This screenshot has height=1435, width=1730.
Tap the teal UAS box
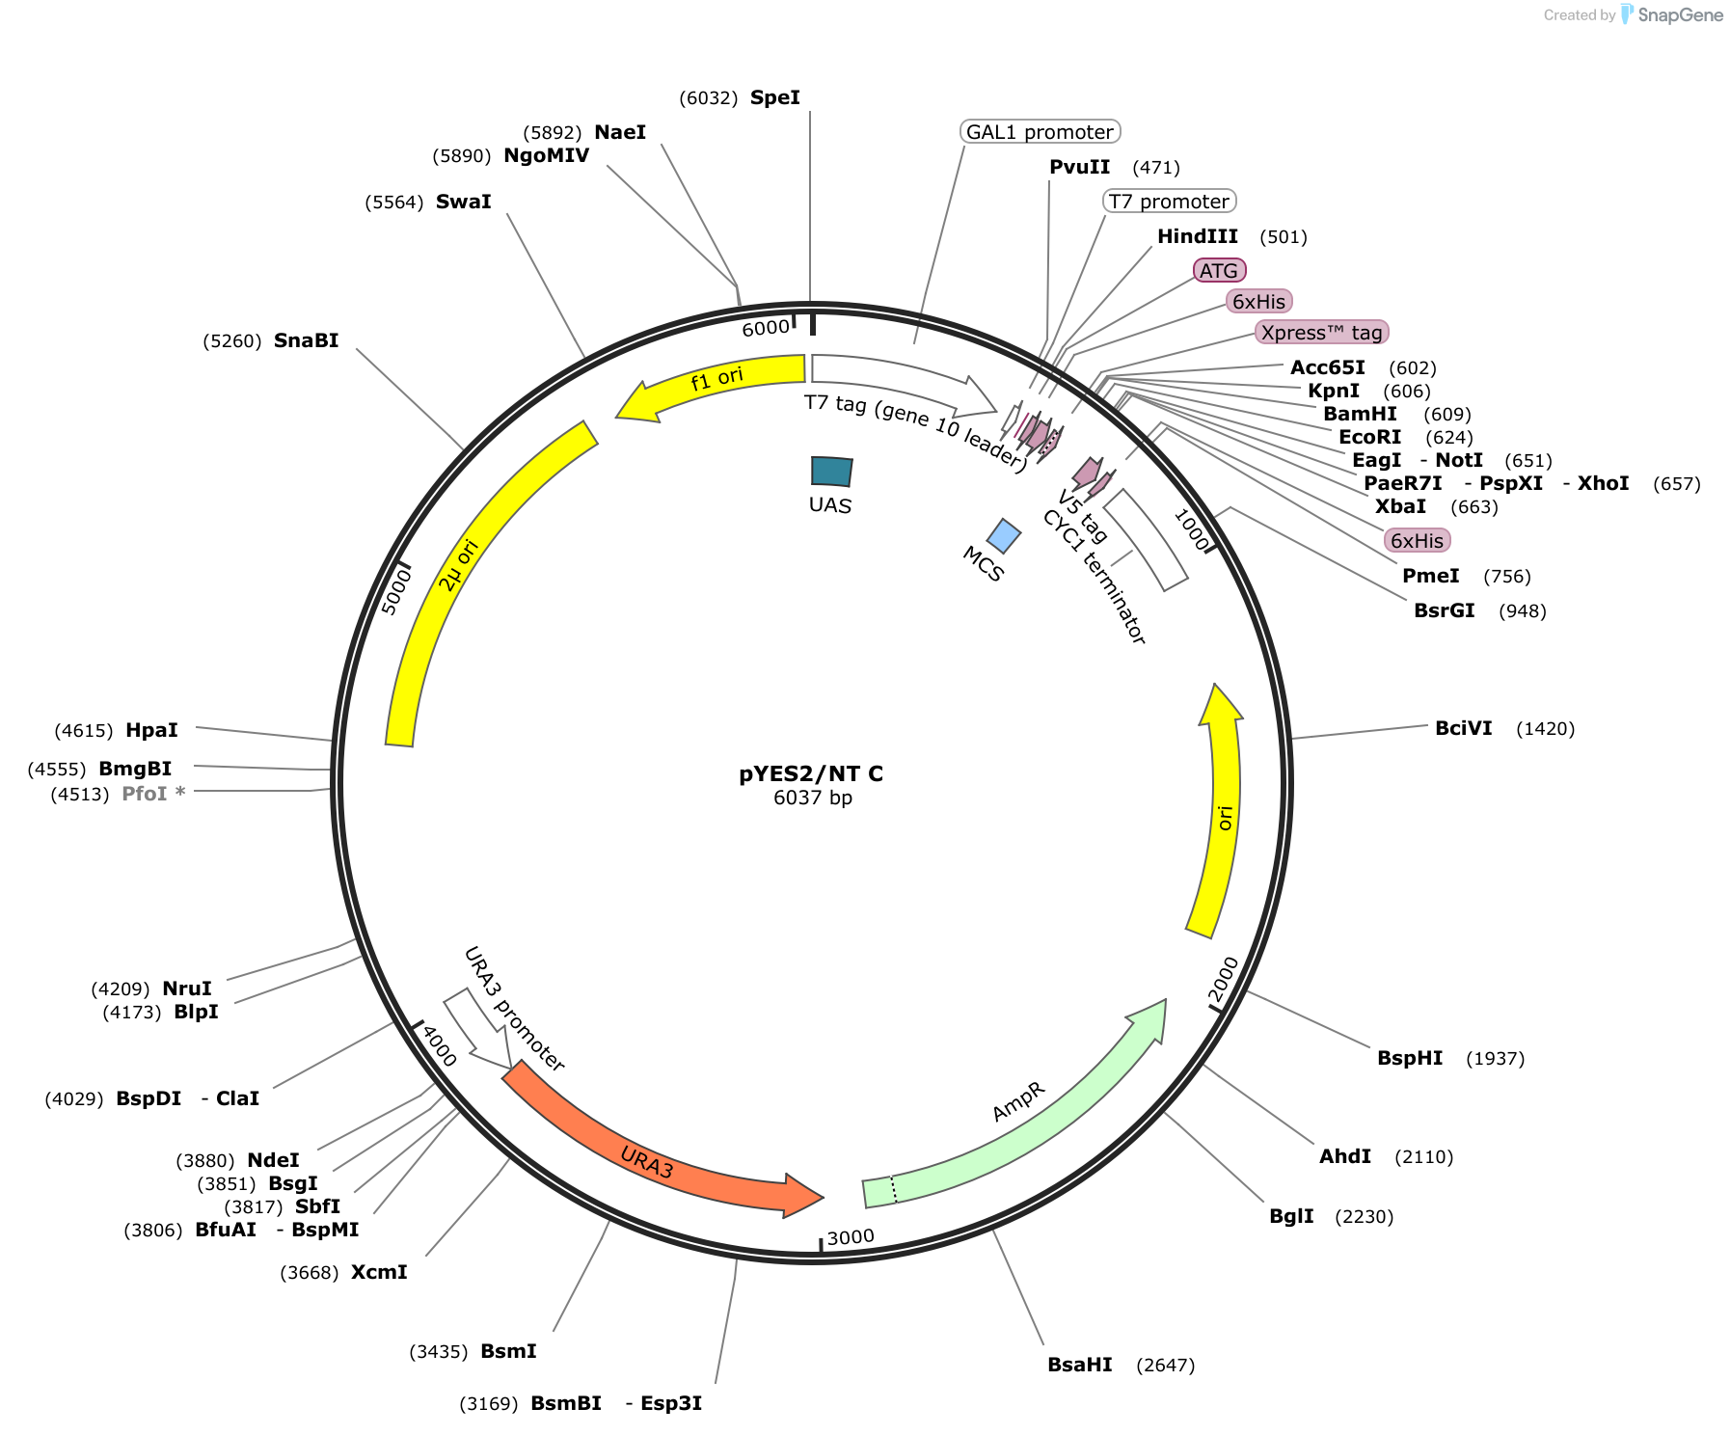coord(831,471)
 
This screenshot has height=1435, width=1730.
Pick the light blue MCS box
coord(1004,536)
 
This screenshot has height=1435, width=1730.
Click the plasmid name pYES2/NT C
coord(811,773)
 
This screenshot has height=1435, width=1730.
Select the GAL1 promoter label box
coord(1040,132)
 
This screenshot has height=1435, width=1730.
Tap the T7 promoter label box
coord(1169,202)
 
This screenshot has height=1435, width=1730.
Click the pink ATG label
coord(1219,271)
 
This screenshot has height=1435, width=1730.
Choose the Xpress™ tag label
coord(1321,333)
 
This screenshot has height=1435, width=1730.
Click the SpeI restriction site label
coord(775,97)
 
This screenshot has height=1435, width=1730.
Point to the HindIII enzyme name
coord(1198,236)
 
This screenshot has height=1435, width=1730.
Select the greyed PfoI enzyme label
coord(153,794)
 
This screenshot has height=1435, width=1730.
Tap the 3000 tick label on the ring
coord(851,1237)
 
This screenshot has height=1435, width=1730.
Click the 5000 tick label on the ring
coord(395,590)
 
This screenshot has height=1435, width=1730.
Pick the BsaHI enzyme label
coord(1080,1365)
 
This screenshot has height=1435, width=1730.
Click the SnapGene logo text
coord(1681,14)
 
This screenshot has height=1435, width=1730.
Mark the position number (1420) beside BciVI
coord(1546,728)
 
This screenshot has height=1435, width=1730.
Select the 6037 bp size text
coord(813,798)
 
